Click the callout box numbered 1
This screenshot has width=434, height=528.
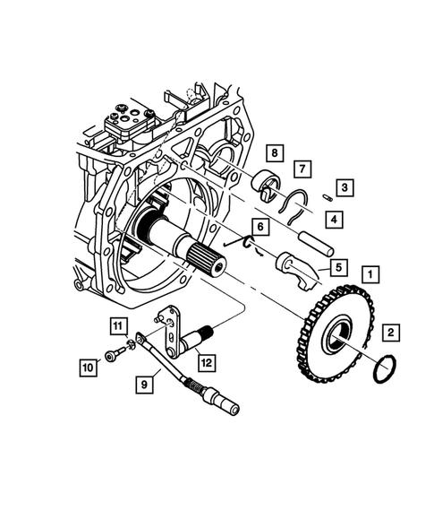tap(369, 272)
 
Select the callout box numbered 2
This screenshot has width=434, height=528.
tap(390, 333)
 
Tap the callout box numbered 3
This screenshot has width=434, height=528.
tap(345, 187)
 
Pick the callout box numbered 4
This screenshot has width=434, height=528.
tap(333, 218)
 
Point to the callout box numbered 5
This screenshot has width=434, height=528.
tap(337, 266)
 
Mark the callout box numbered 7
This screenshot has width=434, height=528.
tap(302, 169)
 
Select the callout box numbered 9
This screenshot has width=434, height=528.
tap(144, 384)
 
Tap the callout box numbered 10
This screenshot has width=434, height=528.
tap(87, 367)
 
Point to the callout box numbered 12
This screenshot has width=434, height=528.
tap(207, 362)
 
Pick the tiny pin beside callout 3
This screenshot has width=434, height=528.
tap(328, 197)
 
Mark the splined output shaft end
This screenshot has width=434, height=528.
tap(209, 261)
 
